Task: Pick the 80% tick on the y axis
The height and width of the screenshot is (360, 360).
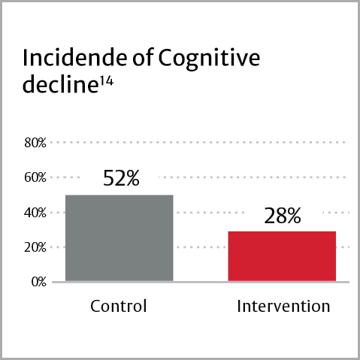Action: tap(35, 142)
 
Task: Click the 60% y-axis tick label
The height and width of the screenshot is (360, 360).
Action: tap(35, 177)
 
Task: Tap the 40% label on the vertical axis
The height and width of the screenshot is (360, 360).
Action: tap(35, 213)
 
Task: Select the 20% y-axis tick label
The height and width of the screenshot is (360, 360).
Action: tap(35, 247)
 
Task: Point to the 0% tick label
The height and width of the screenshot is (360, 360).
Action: tap(38, 282)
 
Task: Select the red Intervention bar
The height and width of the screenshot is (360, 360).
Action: tap(283, 256)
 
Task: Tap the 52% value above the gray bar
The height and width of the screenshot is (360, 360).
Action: tap(120, 179)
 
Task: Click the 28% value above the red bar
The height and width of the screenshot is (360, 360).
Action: tap(283, 216)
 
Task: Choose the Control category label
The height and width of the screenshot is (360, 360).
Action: tap(119, 307)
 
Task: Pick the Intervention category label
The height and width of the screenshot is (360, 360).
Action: tap(283, 307)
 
